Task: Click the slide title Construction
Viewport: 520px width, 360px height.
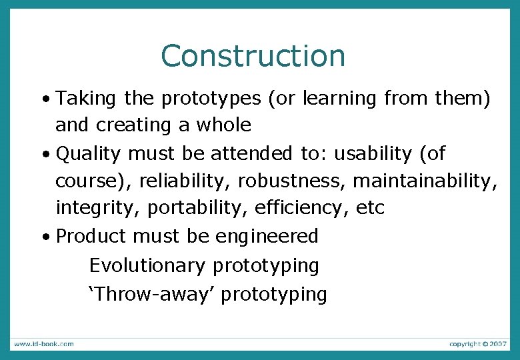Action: pos(253,56)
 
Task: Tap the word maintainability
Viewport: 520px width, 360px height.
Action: pos(424,181)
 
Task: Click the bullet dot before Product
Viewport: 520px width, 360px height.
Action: pos(43,237)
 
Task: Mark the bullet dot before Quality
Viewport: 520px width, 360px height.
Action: pos(43,155)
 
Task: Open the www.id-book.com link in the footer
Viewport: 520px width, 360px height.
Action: pos(43,344)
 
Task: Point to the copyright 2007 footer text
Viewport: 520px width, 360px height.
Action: pos(477,344)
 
